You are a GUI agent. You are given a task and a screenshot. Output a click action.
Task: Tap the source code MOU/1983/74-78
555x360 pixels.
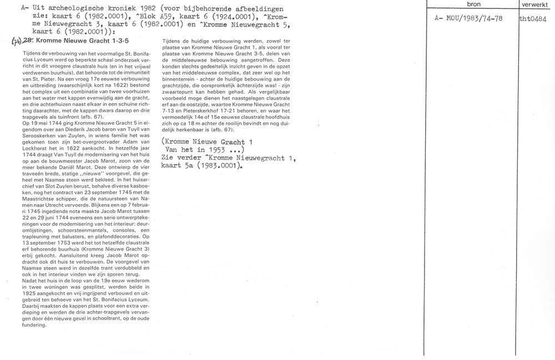[470, 18]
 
